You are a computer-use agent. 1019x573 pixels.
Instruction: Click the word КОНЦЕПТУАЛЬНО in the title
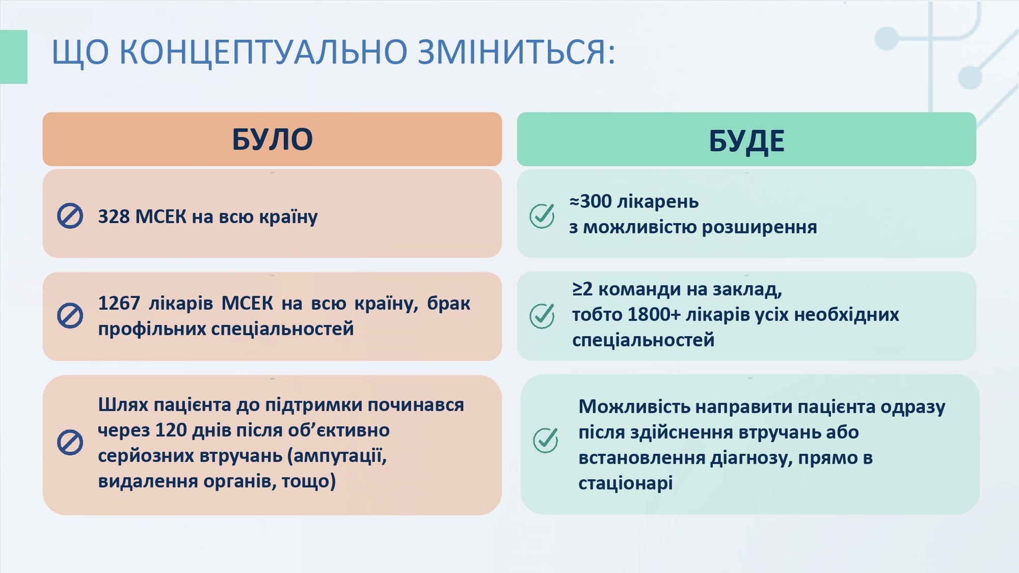[263, 52]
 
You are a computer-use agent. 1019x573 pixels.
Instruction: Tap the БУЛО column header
[272, 139]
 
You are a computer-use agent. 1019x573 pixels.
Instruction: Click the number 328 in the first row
[114, 216]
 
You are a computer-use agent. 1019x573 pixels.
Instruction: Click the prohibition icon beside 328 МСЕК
[70, 216]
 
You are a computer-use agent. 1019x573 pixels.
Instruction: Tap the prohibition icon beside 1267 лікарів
[70, 316]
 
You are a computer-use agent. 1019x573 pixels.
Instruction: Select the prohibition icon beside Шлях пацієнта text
[70, 442]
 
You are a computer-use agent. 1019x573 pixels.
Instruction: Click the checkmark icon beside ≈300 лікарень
[542, 216]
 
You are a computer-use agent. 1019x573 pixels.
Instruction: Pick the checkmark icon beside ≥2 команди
[542, 316]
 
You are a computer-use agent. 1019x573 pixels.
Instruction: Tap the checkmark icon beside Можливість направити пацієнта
[546, 440]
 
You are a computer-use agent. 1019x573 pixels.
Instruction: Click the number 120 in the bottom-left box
[171, 430]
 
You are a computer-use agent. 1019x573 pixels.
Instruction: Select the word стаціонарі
[625, 483]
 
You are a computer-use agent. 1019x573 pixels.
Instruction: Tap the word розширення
[759, 227]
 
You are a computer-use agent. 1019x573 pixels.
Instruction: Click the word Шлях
[123, 405]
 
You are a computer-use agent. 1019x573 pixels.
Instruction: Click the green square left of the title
[14, 57]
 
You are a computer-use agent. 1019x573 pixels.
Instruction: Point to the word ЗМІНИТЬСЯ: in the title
[517, 52]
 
